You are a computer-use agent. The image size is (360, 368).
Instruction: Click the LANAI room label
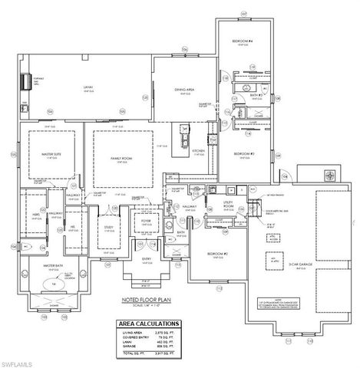pyautogui.click(x=89, y=87)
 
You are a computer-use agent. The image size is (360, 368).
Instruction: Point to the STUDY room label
pyautogui.click(x=107, y=227)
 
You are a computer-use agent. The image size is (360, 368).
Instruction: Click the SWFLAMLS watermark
pyautogui.click(x=18, y=361)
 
